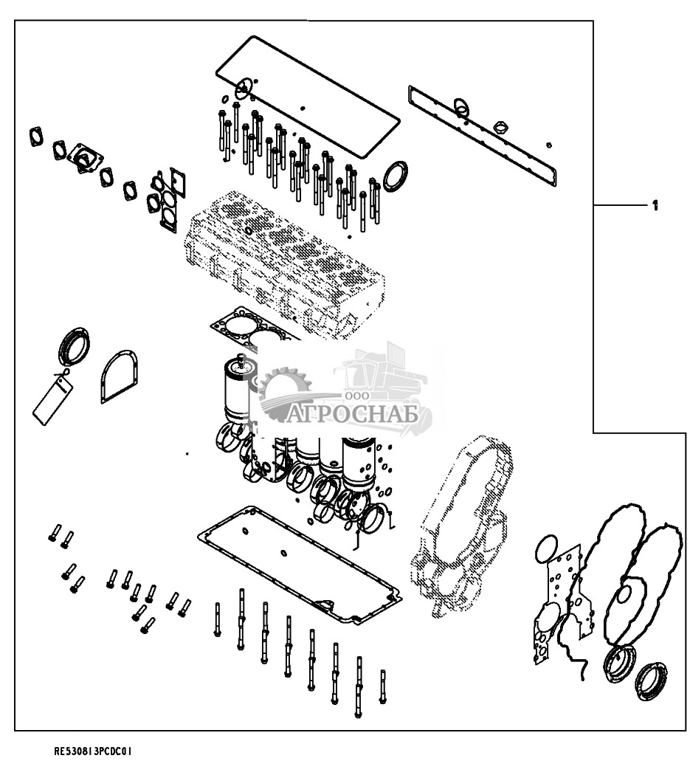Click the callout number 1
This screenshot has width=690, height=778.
tap(655, 205)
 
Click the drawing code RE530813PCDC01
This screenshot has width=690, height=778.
tap(93, 751)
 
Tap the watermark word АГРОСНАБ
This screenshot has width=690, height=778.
tap(353, 414)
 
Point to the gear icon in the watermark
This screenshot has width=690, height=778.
tap(283, 393)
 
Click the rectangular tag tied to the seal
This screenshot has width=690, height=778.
tap(52, 400)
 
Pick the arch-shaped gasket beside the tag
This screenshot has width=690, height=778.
tap(119, 376)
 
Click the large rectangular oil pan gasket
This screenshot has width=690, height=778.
tap(300, 565)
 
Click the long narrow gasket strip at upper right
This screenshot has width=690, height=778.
tap(482, 136)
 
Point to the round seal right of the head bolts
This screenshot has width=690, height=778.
tap(396, 176)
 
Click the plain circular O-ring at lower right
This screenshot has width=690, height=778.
tap(547, 549)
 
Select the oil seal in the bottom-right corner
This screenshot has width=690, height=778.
tap(653, 681)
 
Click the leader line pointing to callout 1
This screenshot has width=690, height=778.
tap(621, 204)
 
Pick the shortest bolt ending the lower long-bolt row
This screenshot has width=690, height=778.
tap(382, 686)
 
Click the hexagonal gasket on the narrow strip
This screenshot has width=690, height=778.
tap(501, 127)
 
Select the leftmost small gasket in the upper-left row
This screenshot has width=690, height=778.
tap(36, 137)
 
